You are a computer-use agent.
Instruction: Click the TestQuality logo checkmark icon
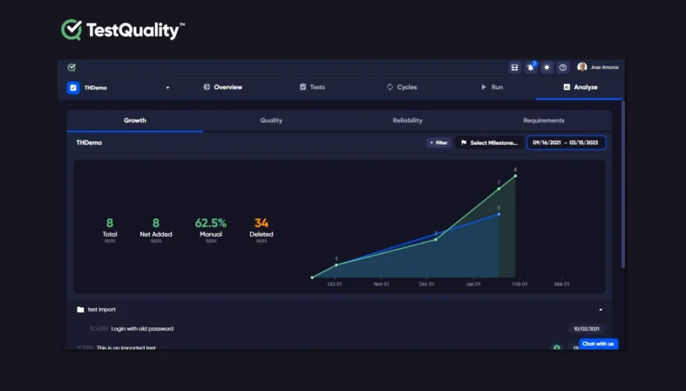(x=71, y=30)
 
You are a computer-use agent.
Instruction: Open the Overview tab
(x=223, y=87)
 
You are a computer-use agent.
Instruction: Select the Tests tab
(x=312, y=87)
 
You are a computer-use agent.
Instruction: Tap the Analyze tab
(x=581, y=87)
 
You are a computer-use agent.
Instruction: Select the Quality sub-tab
(x=271, y=120)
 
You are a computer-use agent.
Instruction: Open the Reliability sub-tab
(x=407, y=120)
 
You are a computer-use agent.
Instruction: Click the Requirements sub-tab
(x=544, y=120)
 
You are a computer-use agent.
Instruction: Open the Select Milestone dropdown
(x=489, y=142)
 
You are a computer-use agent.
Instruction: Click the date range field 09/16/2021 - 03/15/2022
(x=566, y=142)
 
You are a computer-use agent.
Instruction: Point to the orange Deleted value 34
(x=261, y=223)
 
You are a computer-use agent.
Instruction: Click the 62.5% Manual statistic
(x=211, y=223)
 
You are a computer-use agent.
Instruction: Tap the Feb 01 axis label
(x=520, y=284)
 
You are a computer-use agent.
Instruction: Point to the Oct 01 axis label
(x=335, y=284)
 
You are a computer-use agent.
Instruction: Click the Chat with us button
(x=598, y=344)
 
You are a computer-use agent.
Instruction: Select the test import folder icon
(x=80, y=309)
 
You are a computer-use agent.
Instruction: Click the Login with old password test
(x=142, y=329)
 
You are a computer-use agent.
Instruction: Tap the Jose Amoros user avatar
(x=581, y=67)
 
